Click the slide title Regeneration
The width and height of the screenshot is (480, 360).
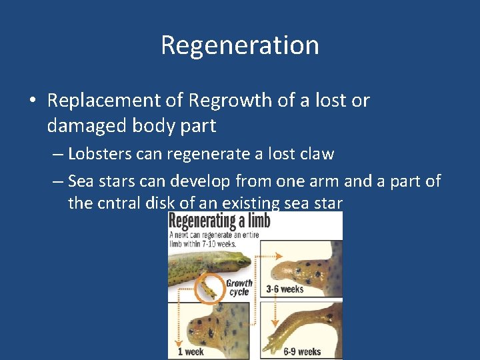click(240, 45)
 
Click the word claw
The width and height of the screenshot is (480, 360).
click(317, 154)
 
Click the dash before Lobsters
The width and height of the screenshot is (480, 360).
click(57, 154)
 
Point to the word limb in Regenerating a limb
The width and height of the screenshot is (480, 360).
click(255, 221)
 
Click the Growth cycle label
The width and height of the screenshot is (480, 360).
click(239, 287)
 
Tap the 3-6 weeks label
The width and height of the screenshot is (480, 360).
click(285, 289)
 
